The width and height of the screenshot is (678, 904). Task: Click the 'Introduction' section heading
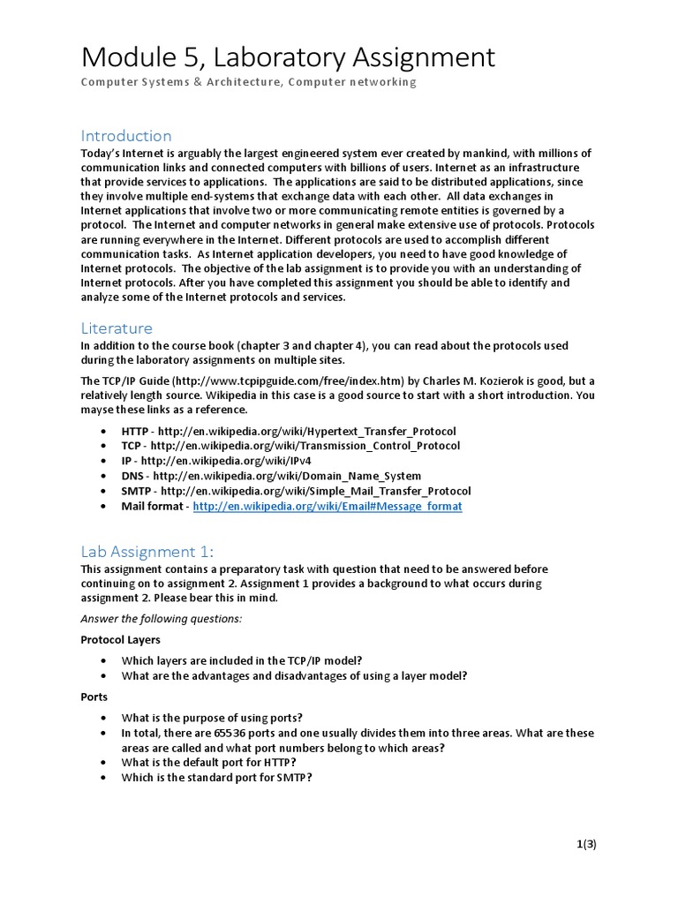(x=126, y=135)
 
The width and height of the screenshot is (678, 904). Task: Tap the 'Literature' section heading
(x=117, y=328)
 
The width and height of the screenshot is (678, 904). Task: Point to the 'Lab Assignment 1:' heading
(x=147, y=552)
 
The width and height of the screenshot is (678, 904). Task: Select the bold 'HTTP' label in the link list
(x=136, y=431)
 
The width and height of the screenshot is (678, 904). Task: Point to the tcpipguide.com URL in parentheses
(x=285, y=380)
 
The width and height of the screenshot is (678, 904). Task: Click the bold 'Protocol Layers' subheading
(x=121, y=639)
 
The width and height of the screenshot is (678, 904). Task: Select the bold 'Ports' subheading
(x=94, y=697)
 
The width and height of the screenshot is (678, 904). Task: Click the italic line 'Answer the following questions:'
(x=162, y=618)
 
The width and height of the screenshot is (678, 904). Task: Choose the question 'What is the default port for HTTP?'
(x=208, y=763)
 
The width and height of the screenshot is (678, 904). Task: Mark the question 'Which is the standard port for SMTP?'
(x=217, y=778)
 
